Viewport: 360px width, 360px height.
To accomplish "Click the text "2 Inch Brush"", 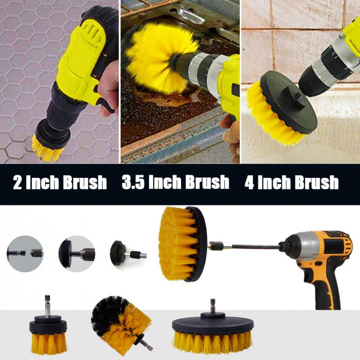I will tap(59, 183).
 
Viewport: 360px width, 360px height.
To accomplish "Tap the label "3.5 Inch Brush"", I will tap(175, 183).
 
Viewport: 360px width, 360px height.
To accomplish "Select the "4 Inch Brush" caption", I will tap(292, 183).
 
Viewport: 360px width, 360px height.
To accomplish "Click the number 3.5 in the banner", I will tap(133, 183).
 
